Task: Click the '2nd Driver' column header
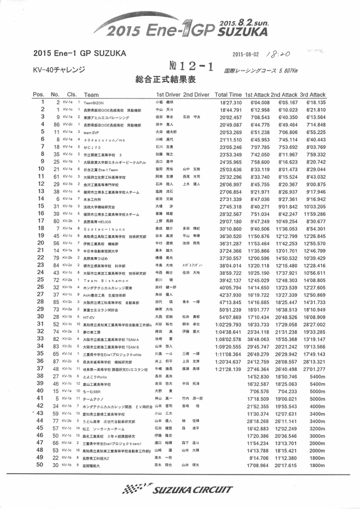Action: click(x=197, y=94)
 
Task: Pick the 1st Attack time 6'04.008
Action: click(x=261, y=102)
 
